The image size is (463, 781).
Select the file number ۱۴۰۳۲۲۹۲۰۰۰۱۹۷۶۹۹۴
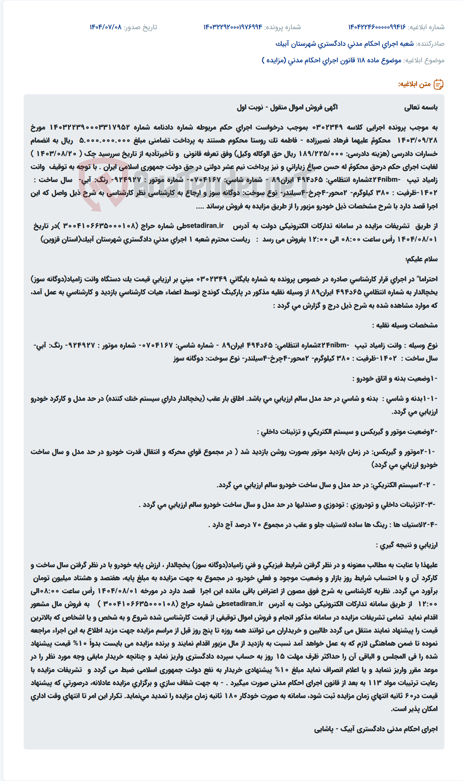(233, 27)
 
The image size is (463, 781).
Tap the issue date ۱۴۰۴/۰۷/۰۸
(105, 27)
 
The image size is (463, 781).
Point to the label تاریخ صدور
(140, 27)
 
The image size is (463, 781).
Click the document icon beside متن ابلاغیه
(439, 84)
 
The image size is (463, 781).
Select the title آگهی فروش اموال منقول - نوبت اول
(287, 107)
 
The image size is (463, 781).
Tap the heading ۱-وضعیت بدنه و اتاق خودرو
(395, 378)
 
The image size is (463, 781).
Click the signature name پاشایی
(324, 729)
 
